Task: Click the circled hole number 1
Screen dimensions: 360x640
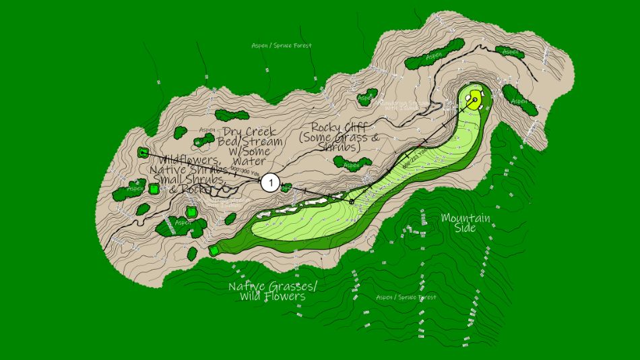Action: [270, 182]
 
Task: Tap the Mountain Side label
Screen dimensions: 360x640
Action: [465, 222]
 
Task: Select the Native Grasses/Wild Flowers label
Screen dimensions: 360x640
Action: [272, 291]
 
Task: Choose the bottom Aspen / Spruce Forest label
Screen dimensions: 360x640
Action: [406, 297]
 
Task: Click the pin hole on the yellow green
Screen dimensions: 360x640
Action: [475, 102]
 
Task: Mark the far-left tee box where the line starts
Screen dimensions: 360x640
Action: [143, 152]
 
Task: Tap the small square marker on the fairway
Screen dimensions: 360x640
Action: [352, 201]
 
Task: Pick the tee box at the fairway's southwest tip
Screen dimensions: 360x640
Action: [214, 250]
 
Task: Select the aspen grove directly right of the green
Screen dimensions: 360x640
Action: [519, 98]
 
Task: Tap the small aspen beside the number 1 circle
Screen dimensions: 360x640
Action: [286, 188]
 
